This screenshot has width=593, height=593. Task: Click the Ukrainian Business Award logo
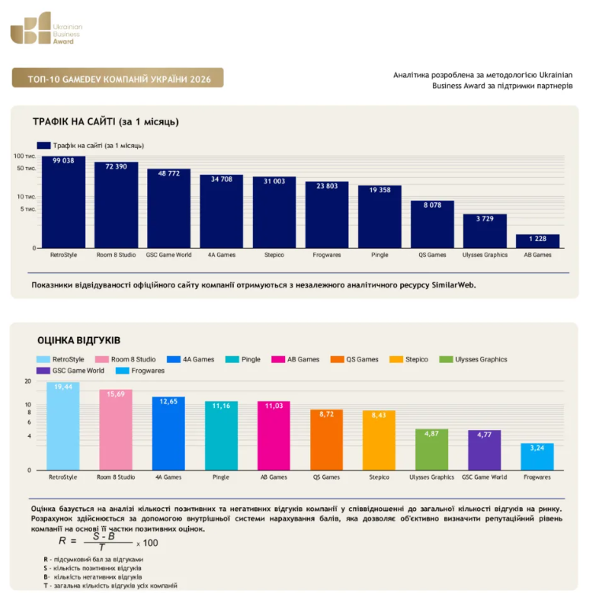[x=46, y=28]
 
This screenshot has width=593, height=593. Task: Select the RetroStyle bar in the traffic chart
[x=64, y=202]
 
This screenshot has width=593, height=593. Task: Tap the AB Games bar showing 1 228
[x=537, y=241]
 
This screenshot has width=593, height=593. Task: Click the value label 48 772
[x=169, y=173]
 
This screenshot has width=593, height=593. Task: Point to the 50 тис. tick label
[x=26, y=169]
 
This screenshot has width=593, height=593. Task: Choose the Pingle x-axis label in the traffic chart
[x=380, y=255]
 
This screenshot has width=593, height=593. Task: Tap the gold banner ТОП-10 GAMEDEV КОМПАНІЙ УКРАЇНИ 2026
[x=117, y=78]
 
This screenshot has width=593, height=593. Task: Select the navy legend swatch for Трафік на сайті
[x=43, y=146]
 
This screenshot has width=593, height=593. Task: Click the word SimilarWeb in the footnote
[x=454, y=285]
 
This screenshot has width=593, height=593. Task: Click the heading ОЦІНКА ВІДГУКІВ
[x=79, y=340]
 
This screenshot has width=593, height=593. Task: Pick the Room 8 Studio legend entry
[x=125, y=359]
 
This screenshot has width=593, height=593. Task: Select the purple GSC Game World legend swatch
[x=43, y=371]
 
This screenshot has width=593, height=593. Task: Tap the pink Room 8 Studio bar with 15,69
[x=116, y=430]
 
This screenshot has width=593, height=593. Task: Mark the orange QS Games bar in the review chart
[x=326, y=440]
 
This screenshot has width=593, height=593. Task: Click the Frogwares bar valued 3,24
[x=537, y=457]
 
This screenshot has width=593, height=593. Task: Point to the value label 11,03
[x=274, y=406]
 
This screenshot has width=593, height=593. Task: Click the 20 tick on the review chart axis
[x=28, y=381]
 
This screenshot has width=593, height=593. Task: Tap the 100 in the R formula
[x=150, y=543]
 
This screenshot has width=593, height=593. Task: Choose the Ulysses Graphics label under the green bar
[x=432, y=477]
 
